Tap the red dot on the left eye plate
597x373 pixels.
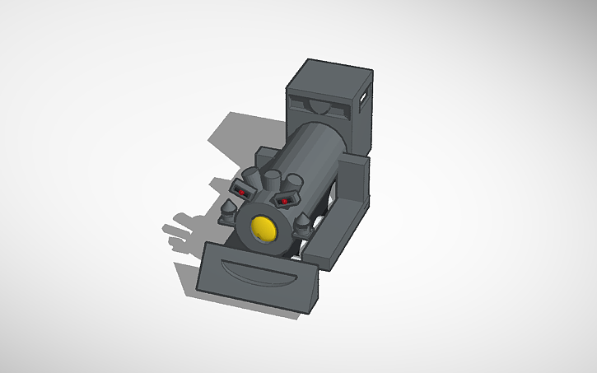tap(244, 192)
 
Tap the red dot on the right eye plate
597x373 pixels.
tap(284, 201)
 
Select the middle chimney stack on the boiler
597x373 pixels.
tap(272, 180)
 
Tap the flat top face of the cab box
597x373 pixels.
tap(330, 73)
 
